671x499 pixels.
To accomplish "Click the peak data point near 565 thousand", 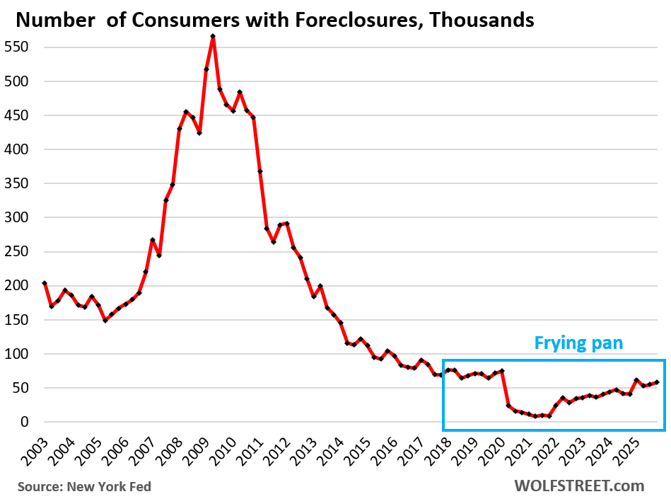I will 213,36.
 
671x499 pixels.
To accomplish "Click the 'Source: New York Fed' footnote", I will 84,486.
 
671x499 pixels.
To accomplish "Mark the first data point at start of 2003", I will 45,283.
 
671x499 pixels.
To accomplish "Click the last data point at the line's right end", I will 658,382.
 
